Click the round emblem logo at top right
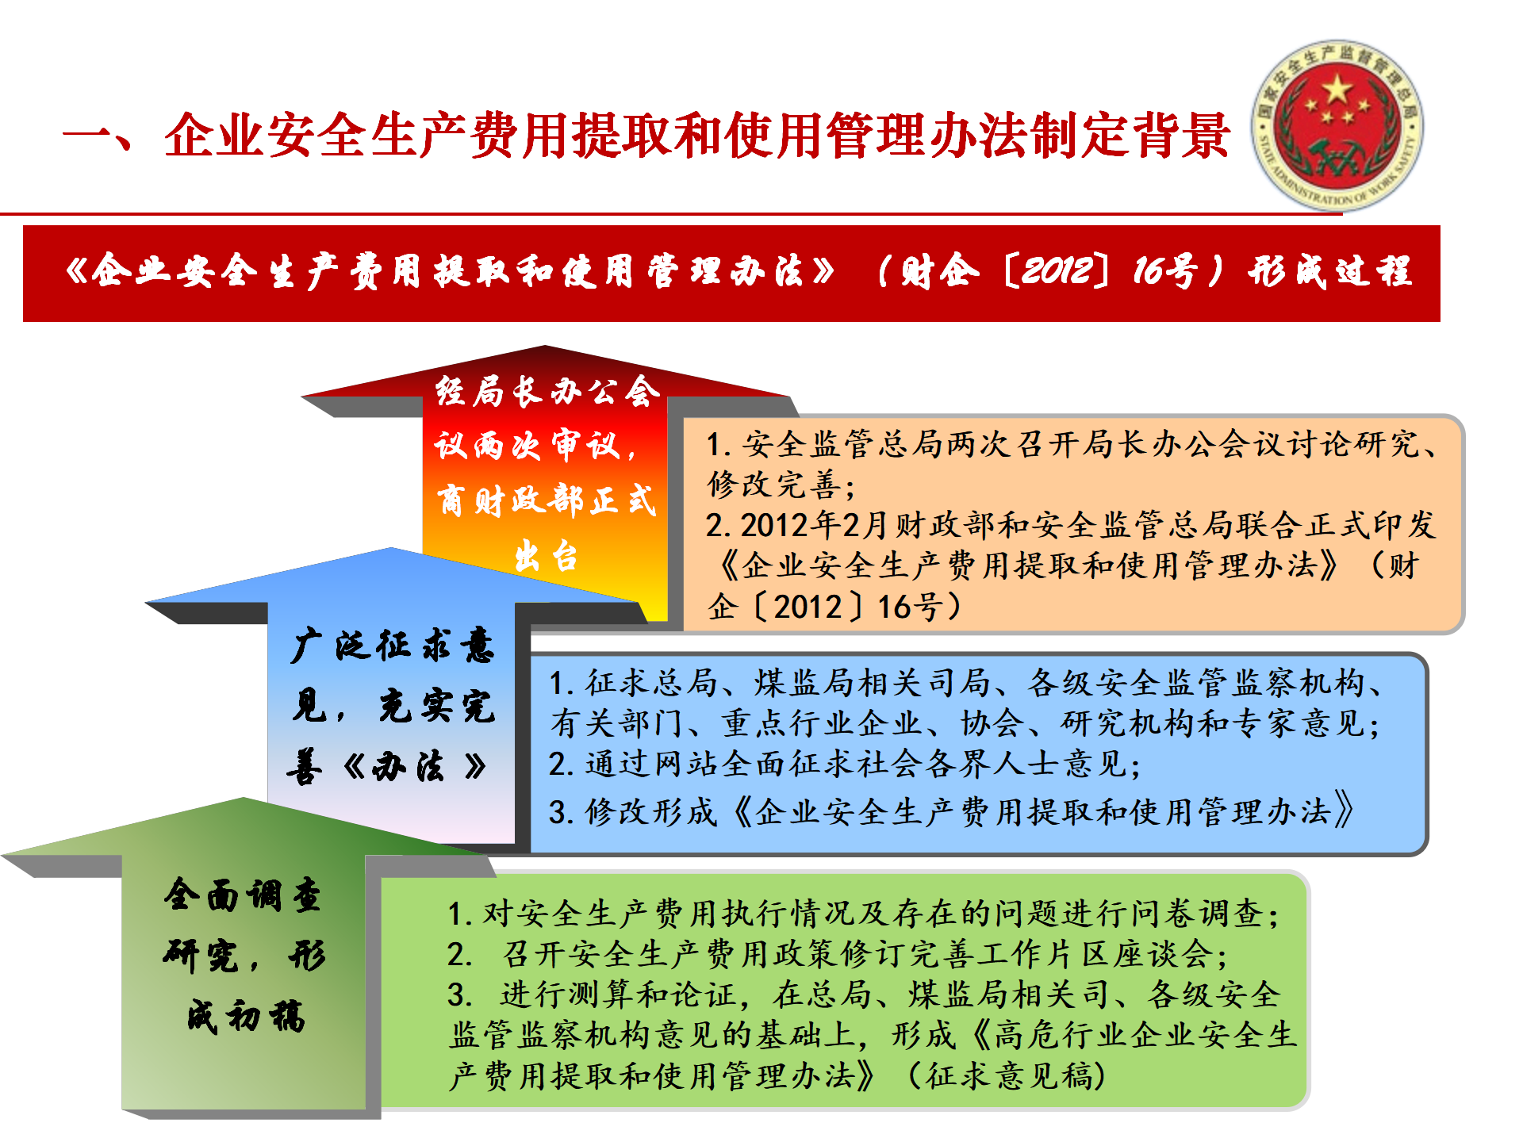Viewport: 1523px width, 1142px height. [1337, 125]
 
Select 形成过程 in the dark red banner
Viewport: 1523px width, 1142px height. [1330, 271]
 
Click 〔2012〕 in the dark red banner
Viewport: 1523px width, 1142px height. [1055, 270]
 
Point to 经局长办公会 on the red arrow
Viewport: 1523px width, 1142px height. [547, 392]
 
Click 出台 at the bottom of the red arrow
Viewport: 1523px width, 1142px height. [547, 556]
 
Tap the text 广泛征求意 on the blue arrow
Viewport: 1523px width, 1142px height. [393, 645]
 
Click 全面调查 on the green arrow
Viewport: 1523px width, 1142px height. [243, 895]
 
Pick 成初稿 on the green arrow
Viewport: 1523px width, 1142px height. [246, 1016]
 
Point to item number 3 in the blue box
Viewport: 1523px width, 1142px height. [559, 812]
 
